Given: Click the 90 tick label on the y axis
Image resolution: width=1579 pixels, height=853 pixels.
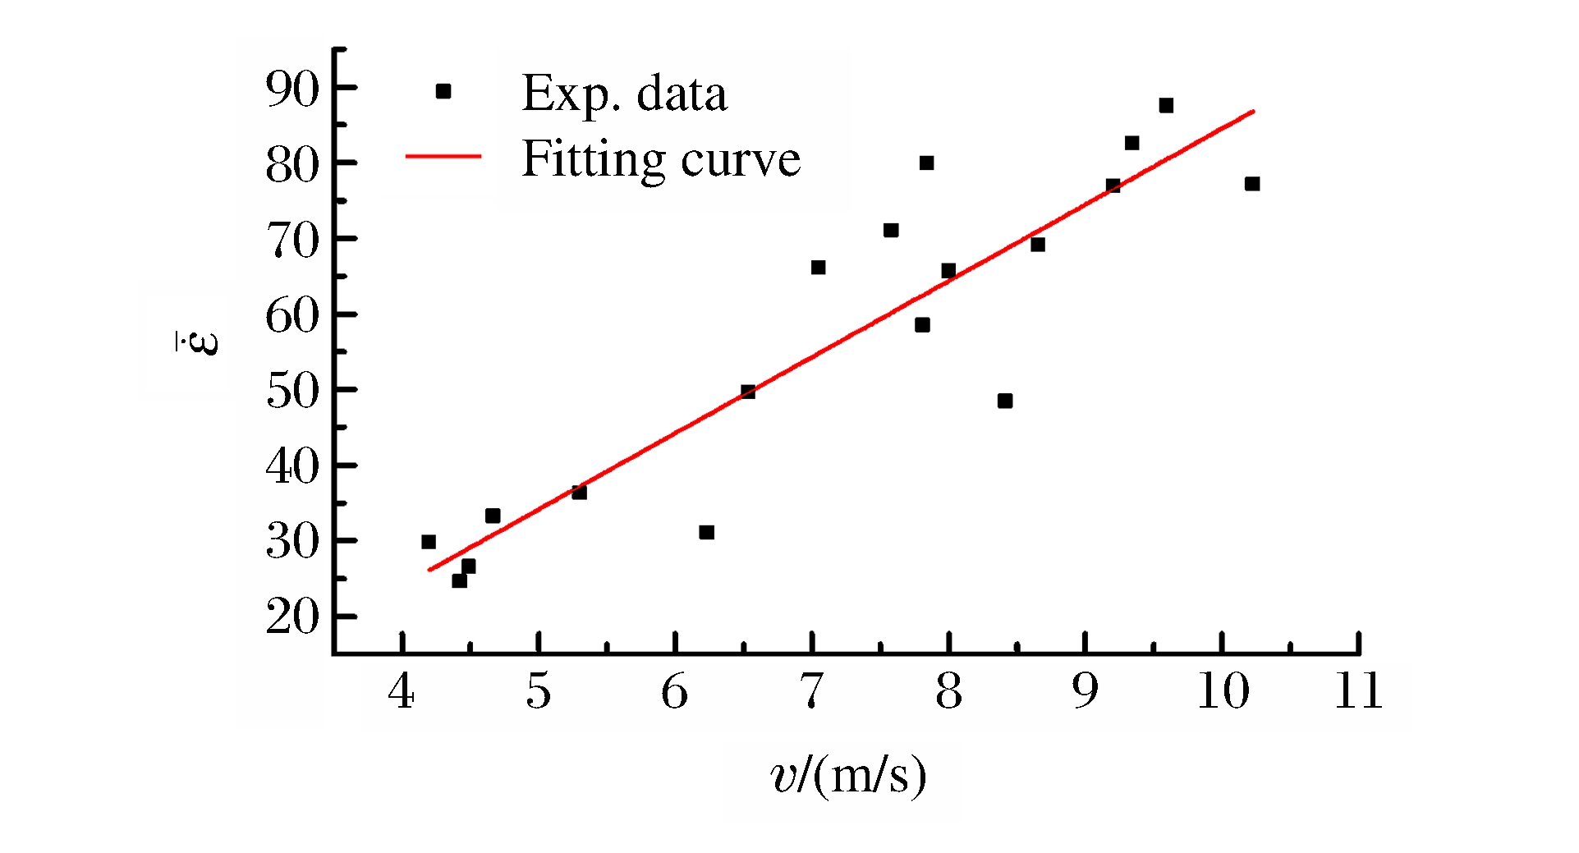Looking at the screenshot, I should (291, 89).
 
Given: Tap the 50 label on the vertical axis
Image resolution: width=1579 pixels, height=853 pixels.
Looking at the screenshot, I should (291, 391).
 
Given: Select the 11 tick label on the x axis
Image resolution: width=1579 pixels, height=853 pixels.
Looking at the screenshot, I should (1358, 691).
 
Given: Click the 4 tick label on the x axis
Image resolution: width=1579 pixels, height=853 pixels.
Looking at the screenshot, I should (401, 691).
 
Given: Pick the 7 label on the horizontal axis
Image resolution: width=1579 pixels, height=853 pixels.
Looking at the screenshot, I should (811, 691).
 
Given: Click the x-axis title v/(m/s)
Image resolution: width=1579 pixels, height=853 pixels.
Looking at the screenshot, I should (848, 775).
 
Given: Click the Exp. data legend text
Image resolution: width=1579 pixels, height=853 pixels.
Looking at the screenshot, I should (624, 94).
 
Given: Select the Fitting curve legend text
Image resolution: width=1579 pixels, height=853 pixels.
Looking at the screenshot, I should (661, 158).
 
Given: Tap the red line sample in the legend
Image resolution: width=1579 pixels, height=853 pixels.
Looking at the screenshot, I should (443, 156).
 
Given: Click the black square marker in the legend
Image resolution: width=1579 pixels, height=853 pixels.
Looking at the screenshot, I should (443, 91).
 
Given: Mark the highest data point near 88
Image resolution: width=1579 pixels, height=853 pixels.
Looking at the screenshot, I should (1166, 105).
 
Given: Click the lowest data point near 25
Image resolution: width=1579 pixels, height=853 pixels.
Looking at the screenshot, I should (459, 580).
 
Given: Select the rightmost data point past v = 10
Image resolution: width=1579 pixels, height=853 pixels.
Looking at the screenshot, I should (1252, 184).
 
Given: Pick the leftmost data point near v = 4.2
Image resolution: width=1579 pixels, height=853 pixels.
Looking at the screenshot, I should (429, 542).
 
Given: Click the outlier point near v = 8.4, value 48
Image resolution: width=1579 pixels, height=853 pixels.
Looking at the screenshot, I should (1005, 401).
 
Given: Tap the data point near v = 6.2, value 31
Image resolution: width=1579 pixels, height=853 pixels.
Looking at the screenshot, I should (706, 532).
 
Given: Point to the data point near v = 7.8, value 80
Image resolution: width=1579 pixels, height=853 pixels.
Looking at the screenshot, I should (926, 163).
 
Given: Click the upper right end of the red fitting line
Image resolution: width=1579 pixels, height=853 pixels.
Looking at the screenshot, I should (1253, 111).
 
